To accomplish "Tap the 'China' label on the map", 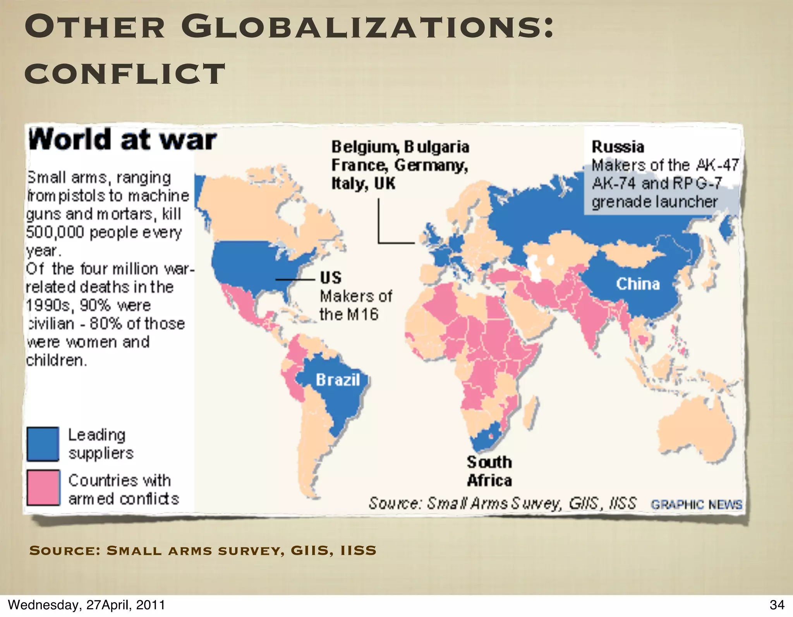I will pyautogui.click(x=638, y=284).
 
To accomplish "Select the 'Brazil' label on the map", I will pyautogui.click(x=338, y=380).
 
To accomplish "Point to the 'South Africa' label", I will pyautogui.click(x=489, y=471).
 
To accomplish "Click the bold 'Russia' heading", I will pyautogui.click(x=618, y=147).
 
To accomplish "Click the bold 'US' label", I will pyautogui.click(x=331, y=278).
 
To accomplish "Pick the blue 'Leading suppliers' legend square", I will pyautogui.click(x=43, y=444).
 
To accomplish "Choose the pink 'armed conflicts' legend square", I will pyautogui.click(x=43, y=488).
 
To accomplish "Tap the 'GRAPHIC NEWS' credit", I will pyautogui.click(x=696, y=504).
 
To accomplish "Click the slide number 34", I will pyautogui.click(x=777, y=605).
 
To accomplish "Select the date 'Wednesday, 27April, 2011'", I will pyautogui.click(x=86, y=605).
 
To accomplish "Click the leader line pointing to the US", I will pyautogui.click(x=295, y=279).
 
